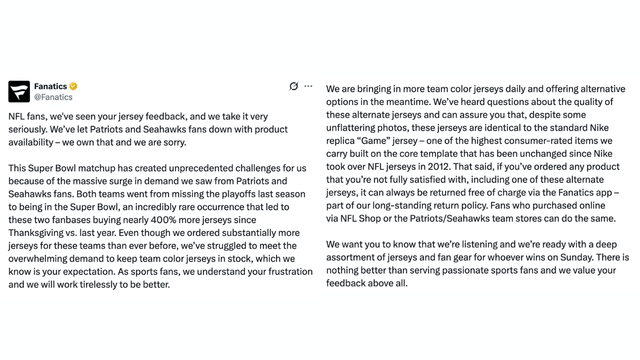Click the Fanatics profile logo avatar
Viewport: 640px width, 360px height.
tap(19, 92)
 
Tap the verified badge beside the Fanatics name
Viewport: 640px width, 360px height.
tap(73, 87)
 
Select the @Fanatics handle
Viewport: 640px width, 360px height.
tap(53, 98)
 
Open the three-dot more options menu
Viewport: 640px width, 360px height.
tap(308, 87)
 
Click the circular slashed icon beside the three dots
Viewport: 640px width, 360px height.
tap(293, 87)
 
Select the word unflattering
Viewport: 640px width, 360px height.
tap(358, 127)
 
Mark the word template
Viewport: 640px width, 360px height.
tap(455, 153)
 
